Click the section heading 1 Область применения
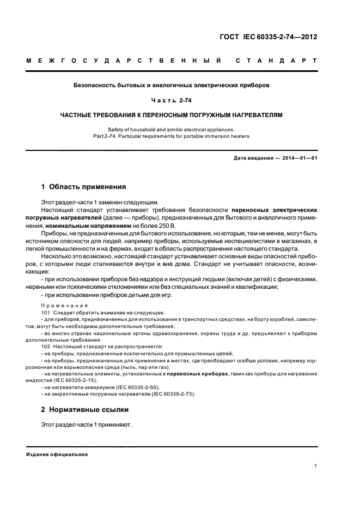click(x=84, y=186)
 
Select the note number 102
click(x=46, y=347)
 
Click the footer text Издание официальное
click(x=57, y=454)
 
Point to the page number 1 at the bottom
click(x=316, y=466)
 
